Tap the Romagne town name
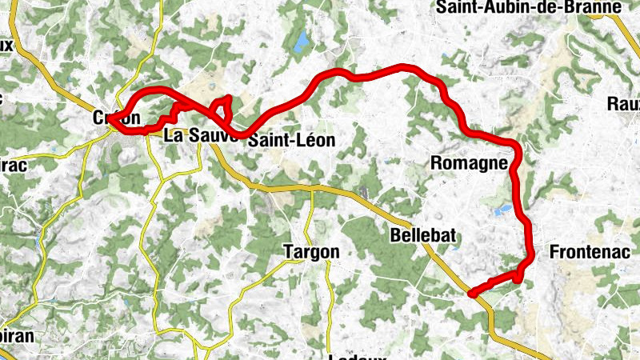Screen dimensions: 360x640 [x=470, y=164]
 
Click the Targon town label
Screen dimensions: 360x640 [x=311, y=252]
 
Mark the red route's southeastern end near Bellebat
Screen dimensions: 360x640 [x=472, y=294]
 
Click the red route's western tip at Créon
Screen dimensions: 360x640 [x=111, y=121]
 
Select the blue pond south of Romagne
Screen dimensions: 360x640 [x=502, y=209]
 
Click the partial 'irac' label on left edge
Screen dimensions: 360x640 [x=14, y=166]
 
